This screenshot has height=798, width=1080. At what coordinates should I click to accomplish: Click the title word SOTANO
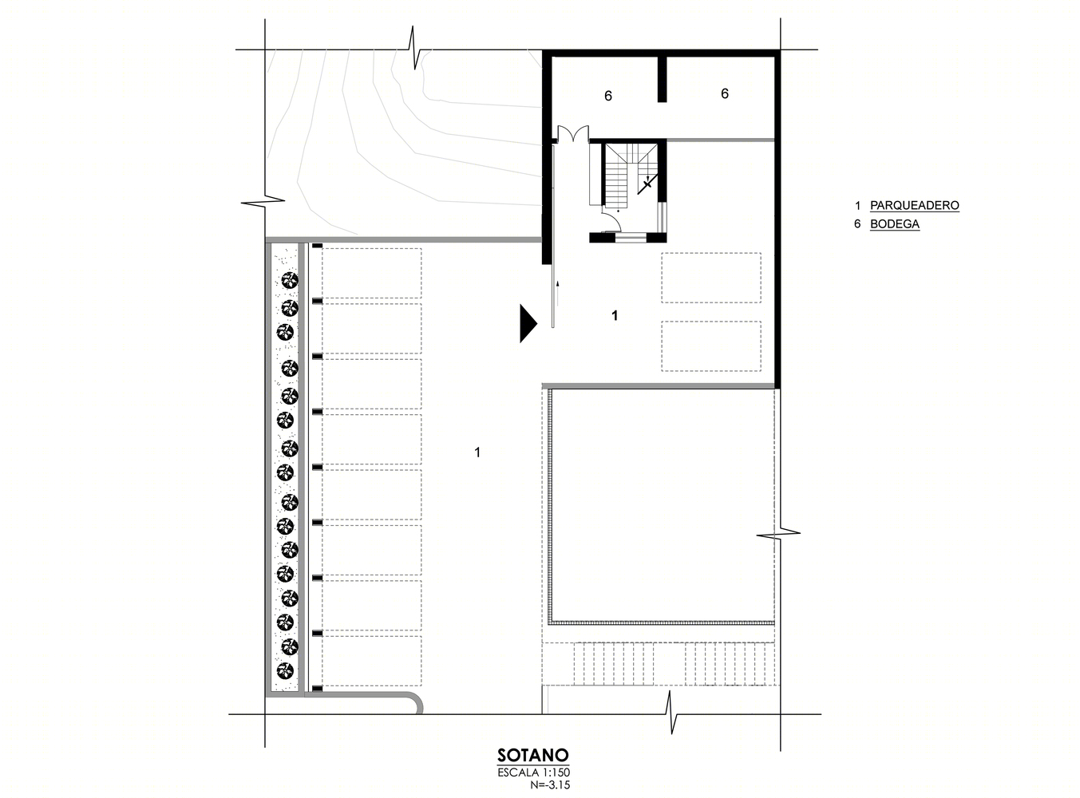[x=532, y=755]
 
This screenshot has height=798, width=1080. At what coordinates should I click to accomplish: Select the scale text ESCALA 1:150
[x=533, y=772]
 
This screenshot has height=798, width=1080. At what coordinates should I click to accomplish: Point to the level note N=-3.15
[x=550, y=784]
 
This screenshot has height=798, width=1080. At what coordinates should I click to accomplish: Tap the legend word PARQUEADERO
[x=915, y=205]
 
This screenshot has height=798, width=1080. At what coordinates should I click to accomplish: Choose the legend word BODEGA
[x=895, y=224]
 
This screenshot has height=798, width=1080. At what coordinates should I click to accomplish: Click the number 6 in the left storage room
[x=607, y=96]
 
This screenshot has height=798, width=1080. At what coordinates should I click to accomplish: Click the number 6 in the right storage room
[x=725, y=93]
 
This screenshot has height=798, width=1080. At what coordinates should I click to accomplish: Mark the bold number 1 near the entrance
[x=615, y=315]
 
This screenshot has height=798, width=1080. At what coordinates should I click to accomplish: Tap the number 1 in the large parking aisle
[x=477, y=452]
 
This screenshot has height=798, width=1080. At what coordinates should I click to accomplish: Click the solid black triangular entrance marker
[x=528, y=323]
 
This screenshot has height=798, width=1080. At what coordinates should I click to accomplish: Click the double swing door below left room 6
[x=573, y=133]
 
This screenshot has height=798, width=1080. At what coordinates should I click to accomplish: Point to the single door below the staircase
[x=611, y=223]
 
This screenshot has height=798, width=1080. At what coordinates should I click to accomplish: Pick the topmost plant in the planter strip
[x=290, y=280]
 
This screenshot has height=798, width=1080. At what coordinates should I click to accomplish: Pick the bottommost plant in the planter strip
[x=285, y=670]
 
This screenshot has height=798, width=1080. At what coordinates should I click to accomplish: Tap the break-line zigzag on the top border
[x=414, y=48]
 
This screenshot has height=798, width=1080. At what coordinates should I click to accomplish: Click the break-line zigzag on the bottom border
[x=671, y=713]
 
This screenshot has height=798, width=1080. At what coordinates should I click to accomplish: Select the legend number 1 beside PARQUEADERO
[x=857, y=205]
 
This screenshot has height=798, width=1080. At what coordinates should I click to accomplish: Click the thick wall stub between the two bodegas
[x=662, y=79]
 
